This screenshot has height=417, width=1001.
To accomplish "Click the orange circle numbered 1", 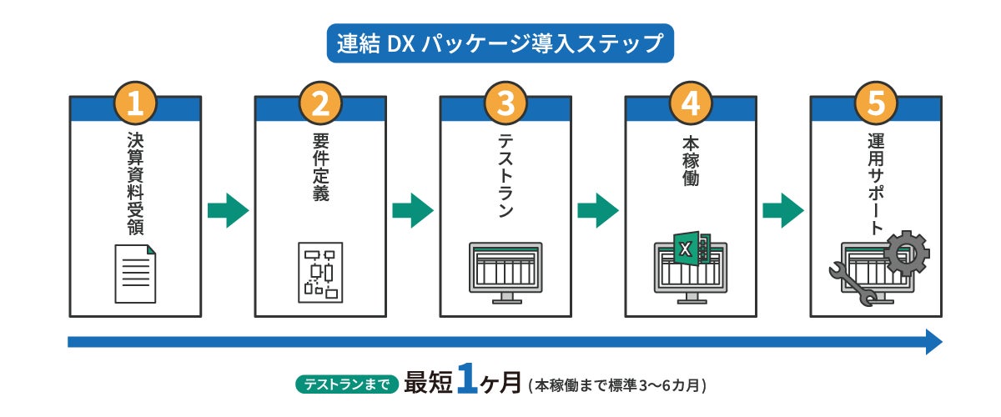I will [135, 103].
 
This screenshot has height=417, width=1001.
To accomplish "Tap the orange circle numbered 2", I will [320, 103].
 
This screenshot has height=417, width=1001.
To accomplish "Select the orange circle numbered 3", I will [506, 103].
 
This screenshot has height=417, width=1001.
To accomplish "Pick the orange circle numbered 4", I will [691, 103].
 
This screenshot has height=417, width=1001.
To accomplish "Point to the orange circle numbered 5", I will [876, 103].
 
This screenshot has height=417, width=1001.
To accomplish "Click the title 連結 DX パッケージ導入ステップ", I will [500, 43].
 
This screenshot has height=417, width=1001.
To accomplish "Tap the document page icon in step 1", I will [134, 274].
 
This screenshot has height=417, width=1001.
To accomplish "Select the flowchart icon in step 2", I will [320, 273].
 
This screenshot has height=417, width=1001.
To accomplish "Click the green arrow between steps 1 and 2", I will [228, 211].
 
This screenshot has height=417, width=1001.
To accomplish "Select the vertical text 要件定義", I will [320, 167].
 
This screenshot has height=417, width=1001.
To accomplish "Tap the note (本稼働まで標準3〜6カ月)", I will [618, 385].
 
